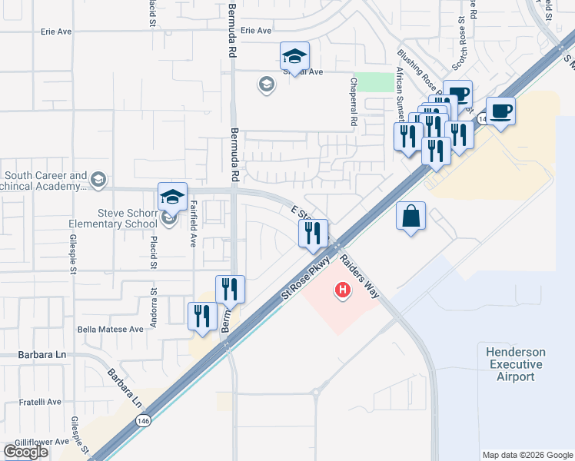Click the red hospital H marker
tap(342, 290)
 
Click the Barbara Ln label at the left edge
tap(35, 355)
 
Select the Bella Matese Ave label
tap(111, 329)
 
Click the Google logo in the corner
tap(25, 452)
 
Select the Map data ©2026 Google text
tap(527, 455)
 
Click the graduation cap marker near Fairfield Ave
tap(173, 196)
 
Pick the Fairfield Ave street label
tap(192, 224)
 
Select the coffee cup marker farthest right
tap(500, 111)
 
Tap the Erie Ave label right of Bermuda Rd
tap(257, 31)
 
